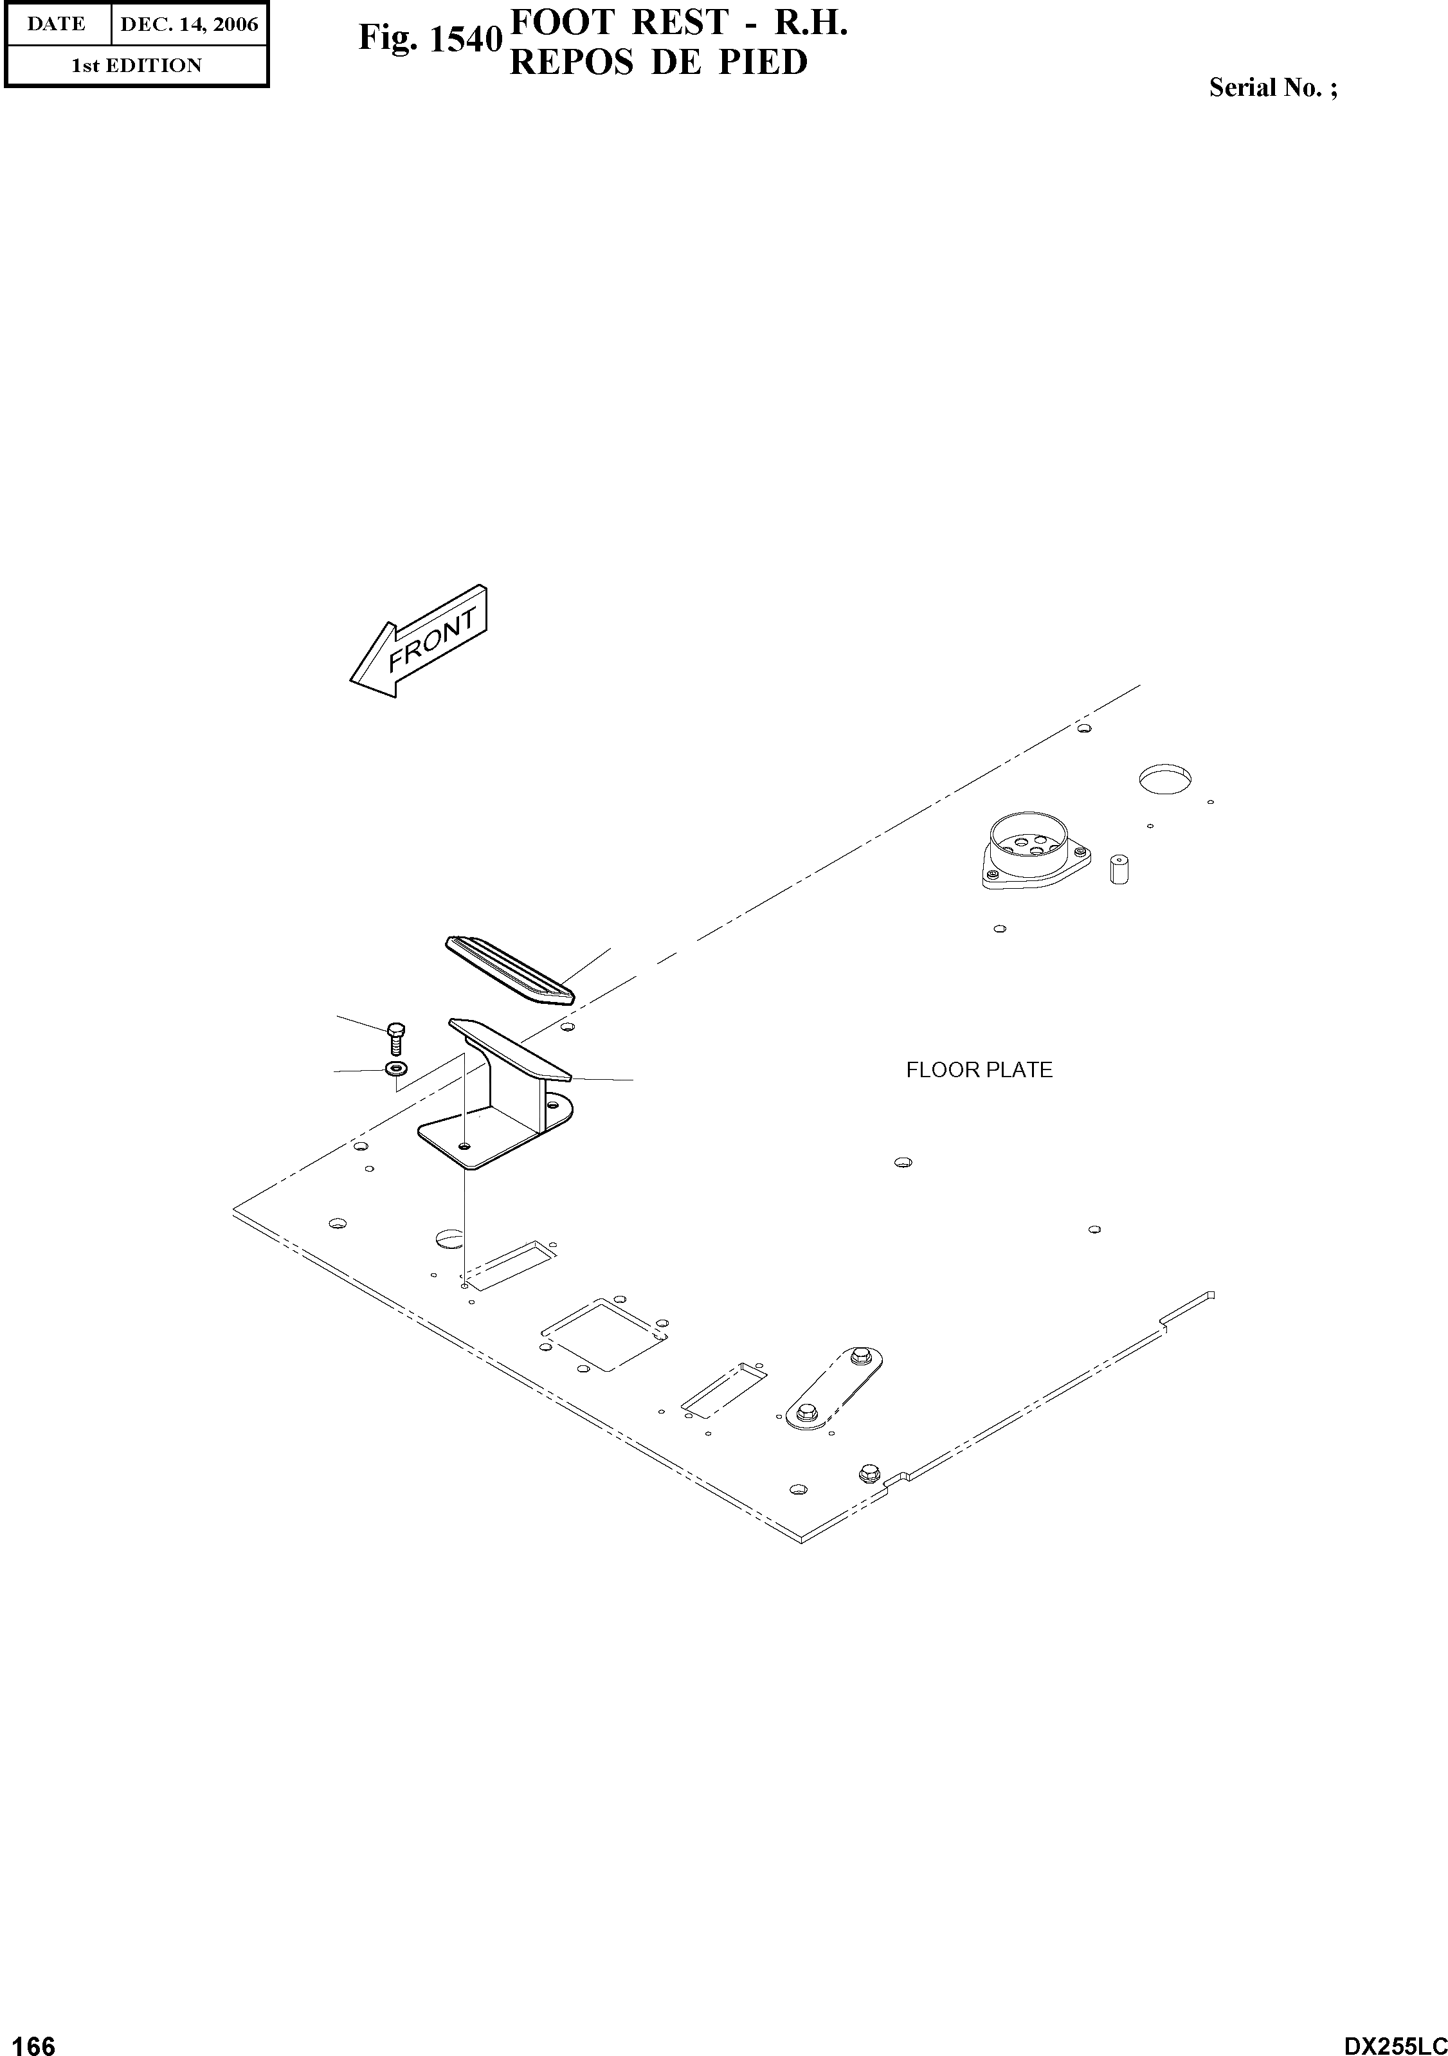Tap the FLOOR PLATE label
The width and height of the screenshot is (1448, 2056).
[x=979, y=1070]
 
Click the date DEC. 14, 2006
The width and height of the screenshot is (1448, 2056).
[x=189, y=24]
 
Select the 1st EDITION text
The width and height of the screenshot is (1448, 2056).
[x=136, y=66]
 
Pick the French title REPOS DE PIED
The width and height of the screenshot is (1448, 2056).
[x=658, y=62]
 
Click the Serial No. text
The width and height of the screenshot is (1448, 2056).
[x=1272, y=87]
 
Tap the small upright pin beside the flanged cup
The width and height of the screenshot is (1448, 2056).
[x=1118, y=869]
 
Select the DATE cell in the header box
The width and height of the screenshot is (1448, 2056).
[x=57, y=24]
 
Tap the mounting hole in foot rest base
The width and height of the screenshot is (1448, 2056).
[x=463, y=1145]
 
